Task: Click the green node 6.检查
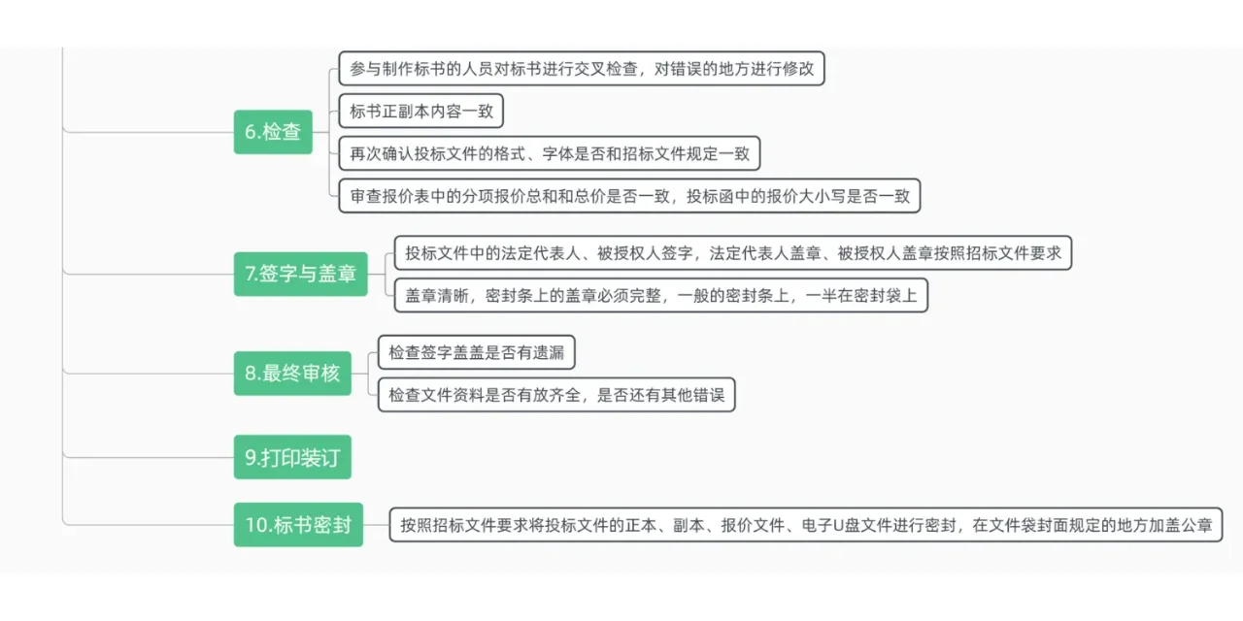(273, 132)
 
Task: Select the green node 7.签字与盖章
(300, 274)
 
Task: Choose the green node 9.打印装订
(292, 457)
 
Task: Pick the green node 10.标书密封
(298, 525)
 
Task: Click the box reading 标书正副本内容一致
(421, 112)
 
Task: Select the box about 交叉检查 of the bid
(582, 69)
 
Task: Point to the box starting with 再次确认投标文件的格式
(550, 153)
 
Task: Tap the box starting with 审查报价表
(629, 196)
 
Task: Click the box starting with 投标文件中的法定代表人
(733, 253)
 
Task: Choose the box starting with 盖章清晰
(660, 295)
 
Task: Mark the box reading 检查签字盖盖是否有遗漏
(476, 352)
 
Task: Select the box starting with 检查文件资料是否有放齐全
(556, 395)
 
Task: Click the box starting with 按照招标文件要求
(806, 525)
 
